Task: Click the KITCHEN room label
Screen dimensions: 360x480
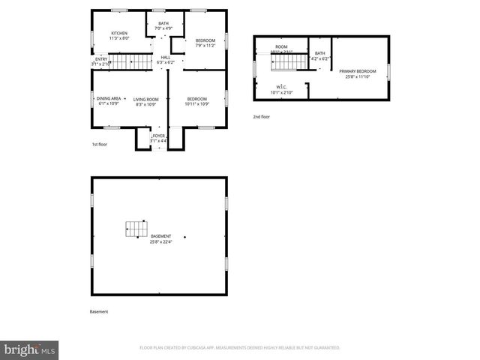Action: point(119,36)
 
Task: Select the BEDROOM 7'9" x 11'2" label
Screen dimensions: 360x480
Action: point(205,43)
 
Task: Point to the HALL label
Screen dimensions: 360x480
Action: point(166,60)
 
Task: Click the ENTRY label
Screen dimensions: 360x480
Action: point(100,61)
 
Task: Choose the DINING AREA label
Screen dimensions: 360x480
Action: point(109,101)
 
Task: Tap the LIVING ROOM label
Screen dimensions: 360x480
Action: point(146,101)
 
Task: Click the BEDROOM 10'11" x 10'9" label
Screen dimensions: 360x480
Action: point(196,101)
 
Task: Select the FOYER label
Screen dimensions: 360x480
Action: point(158,138)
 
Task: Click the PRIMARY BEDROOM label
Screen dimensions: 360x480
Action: point(357,73)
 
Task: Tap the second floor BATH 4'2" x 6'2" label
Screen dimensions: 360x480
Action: point(320,55)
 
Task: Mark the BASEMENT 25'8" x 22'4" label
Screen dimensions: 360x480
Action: point(160,239)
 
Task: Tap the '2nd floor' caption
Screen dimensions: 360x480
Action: point(261,117)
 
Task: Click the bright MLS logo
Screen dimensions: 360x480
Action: point(30,349)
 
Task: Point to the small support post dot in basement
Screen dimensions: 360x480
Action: point(185,238)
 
